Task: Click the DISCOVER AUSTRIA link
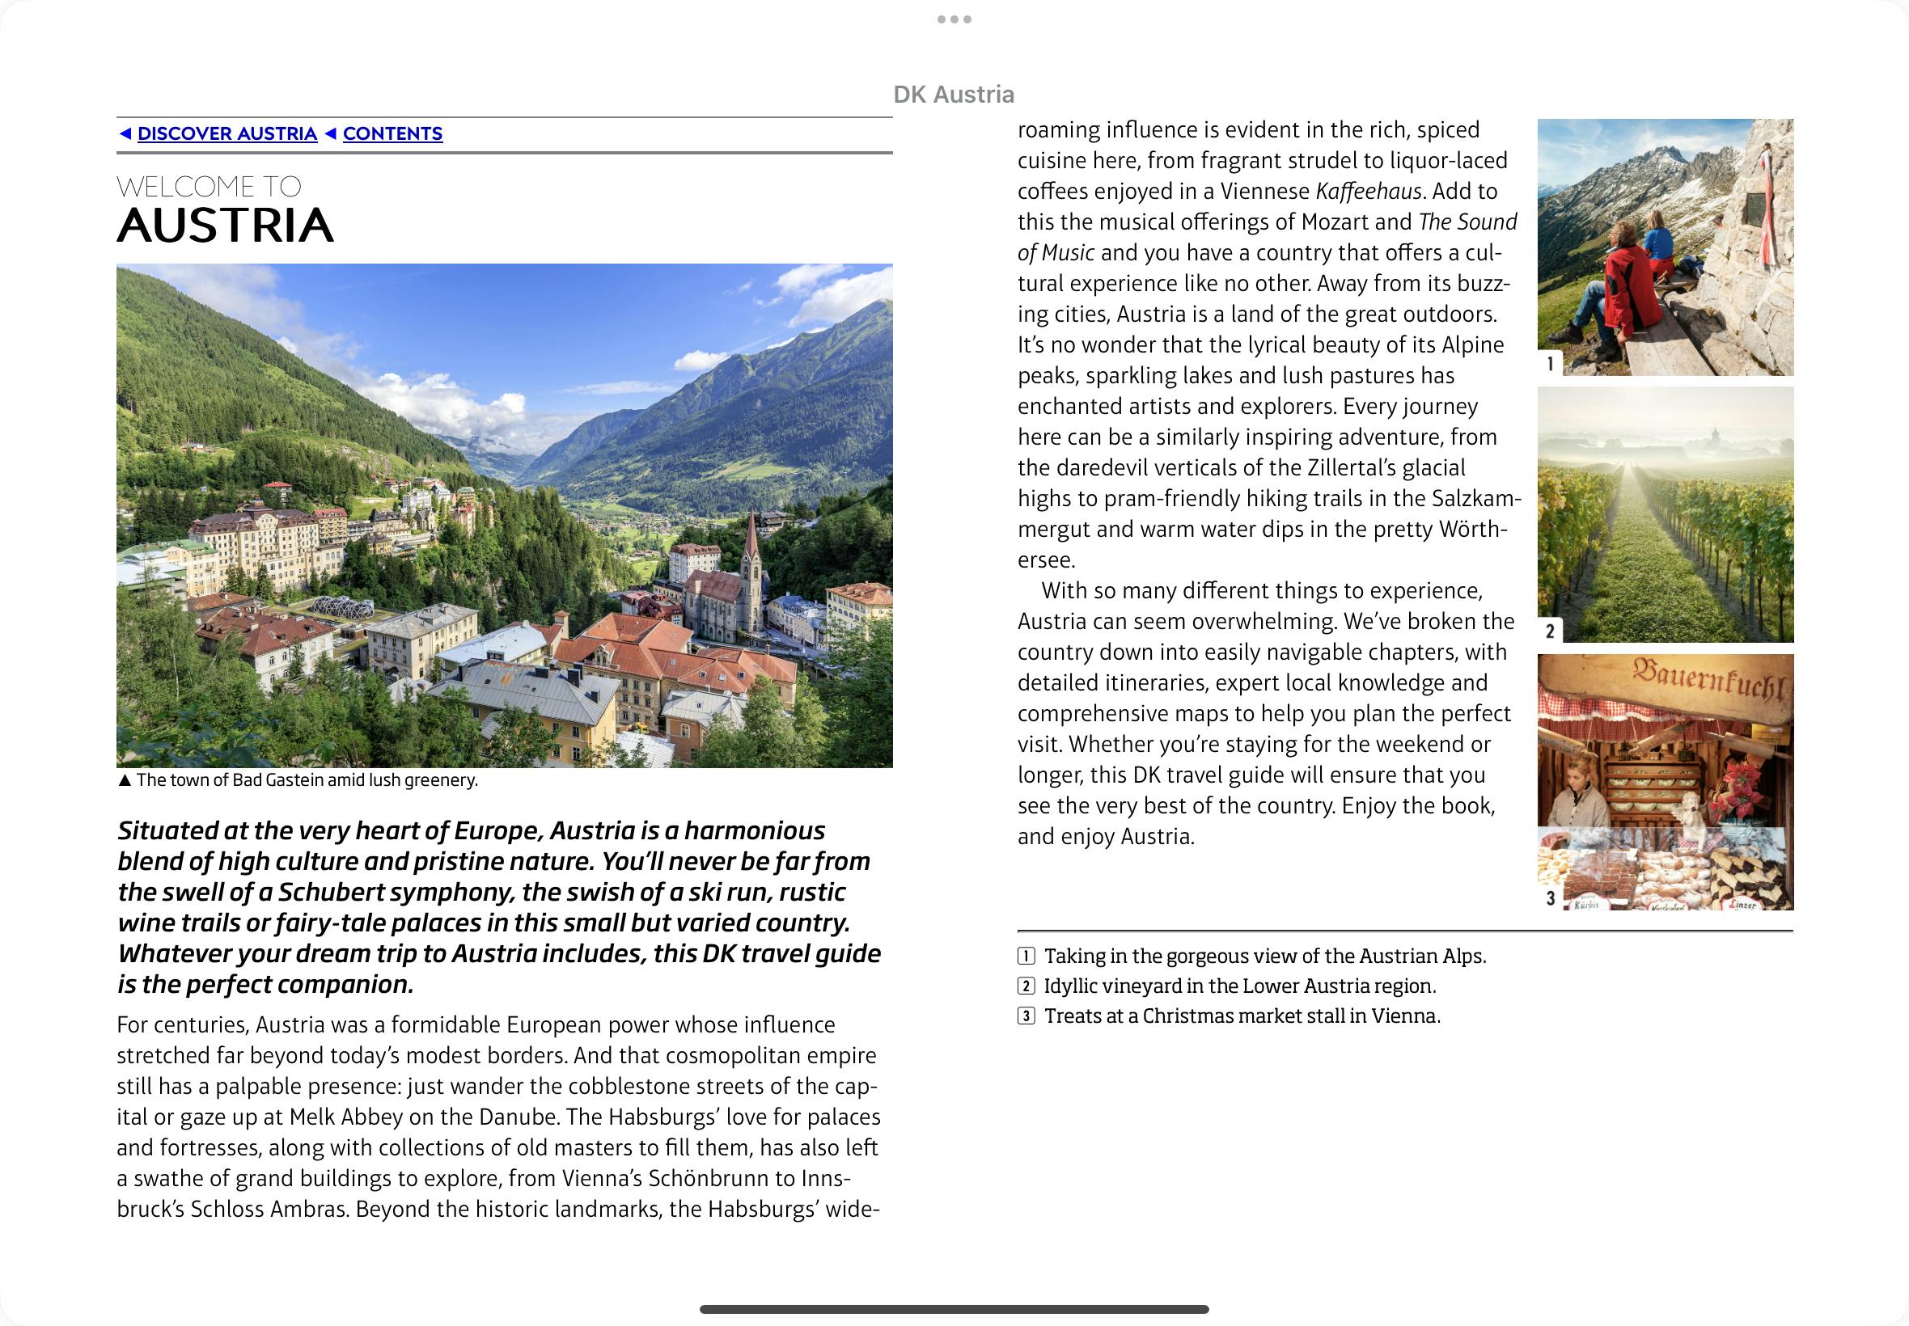click(x=226, y=133)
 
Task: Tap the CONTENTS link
click(x=392, y=133)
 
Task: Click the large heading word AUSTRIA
click(x=225, y=225)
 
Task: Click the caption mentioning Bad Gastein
click(x=307, y=780)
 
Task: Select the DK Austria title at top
click(x=953, y=95)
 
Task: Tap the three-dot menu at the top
click(x=954, y=19)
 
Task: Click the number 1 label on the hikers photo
click(x=1550, y=364)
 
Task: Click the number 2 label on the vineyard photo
click(x=1550, y=631)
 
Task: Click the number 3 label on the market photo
click(x=1550, y=898)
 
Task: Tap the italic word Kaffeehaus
click(x=1368, y=192)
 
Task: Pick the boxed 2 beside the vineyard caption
click(x=1026, y=986)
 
